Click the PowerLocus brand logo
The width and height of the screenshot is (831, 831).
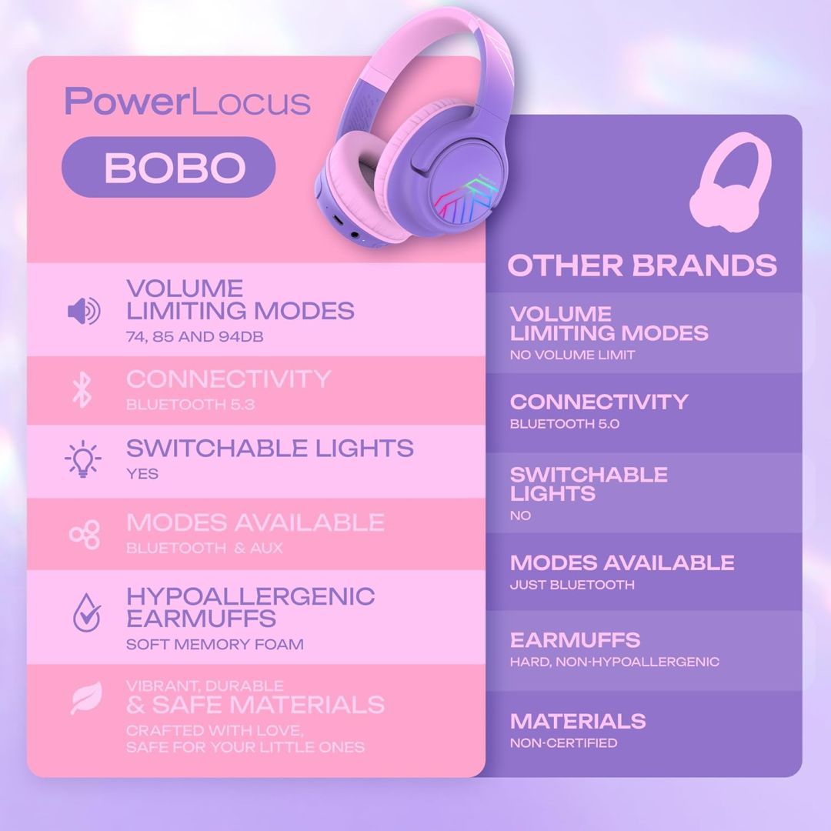(x=187, y=102)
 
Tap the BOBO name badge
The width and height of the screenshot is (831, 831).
(x=169, y=167)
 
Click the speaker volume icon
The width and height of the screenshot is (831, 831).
(x=83, y=312)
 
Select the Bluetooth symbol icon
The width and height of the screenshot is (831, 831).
(x=82, y=390)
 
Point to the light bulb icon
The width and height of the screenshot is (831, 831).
(x=82, y=460)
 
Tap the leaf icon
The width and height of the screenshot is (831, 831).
(x=85, y=698)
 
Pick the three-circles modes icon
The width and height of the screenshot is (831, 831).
(x=85, y=535)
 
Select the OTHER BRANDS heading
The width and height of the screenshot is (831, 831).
(x=642, y=265)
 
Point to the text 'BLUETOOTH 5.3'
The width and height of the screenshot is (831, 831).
(x=190, y=405)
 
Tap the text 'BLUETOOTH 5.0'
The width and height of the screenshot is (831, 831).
(x=564, y=424)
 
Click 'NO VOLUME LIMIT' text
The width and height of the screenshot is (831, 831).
(x=572, y=355)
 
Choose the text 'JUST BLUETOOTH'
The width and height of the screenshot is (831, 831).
(x=572, y=585)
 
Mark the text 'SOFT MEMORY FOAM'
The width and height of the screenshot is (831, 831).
(x=215, y=644)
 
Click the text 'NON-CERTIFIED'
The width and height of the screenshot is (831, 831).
(x=563, y=743)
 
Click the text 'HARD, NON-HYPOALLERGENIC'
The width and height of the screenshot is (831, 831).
(x=614, y=662)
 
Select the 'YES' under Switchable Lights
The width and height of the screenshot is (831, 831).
(x=142, y=474)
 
